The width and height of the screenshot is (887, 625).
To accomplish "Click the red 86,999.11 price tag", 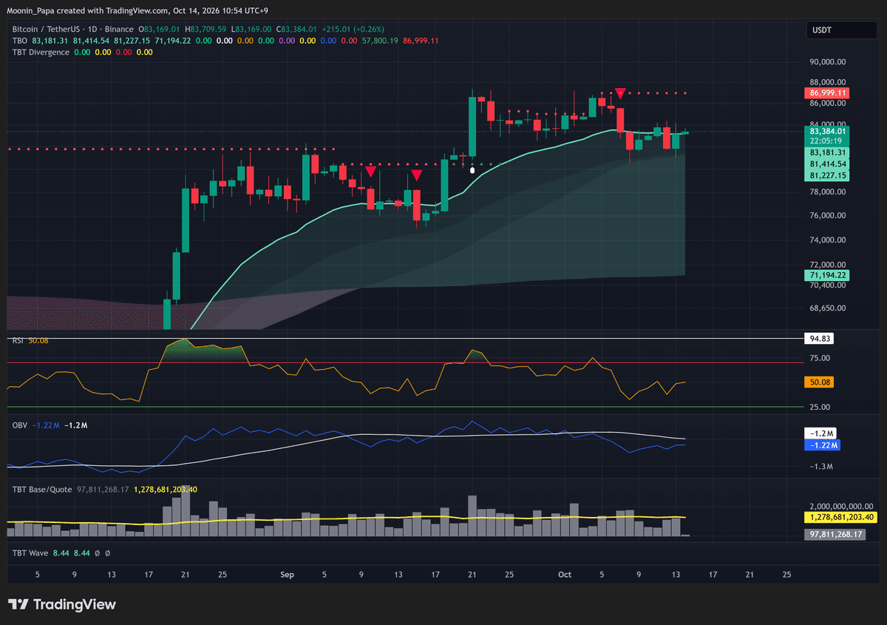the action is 827,92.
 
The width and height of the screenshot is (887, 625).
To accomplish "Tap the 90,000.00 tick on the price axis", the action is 828,62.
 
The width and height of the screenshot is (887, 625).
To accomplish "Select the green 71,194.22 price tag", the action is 827,275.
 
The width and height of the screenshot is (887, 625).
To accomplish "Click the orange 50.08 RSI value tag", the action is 819,382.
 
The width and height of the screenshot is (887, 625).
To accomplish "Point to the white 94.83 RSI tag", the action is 819,339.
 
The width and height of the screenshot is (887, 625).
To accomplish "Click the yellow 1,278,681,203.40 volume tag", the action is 840,517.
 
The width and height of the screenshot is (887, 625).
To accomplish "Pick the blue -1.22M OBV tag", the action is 822,445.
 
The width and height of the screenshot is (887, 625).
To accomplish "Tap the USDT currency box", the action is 841,30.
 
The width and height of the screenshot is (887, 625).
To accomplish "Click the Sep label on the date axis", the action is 287,574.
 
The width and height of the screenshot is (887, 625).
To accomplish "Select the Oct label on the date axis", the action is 565,574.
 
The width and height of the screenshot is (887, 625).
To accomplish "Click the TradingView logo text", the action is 75,604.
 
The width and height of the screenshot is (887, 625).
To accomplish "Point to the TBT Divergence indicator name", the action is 41,53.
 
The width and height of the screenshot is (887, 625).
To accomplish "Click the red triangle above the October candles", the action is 620,93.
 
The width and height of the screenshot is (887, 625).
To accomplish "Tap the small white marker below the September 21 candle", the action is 472,170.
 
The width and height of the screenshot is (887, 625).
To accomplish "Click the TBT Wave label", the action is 30,553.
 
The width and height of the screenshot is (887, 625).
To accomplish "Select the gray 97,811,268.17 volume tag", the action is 835,534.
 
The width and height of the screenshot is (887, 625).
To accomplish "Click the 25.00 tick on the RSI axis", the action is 820,407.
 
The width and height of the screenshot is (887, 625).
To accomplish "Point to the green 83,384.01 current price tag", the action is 827,131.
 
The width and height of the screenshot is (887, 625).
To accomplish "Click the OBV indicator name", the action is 20,425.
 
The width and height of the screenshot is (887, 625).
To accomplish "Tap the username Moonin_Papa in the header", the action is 31,10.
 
